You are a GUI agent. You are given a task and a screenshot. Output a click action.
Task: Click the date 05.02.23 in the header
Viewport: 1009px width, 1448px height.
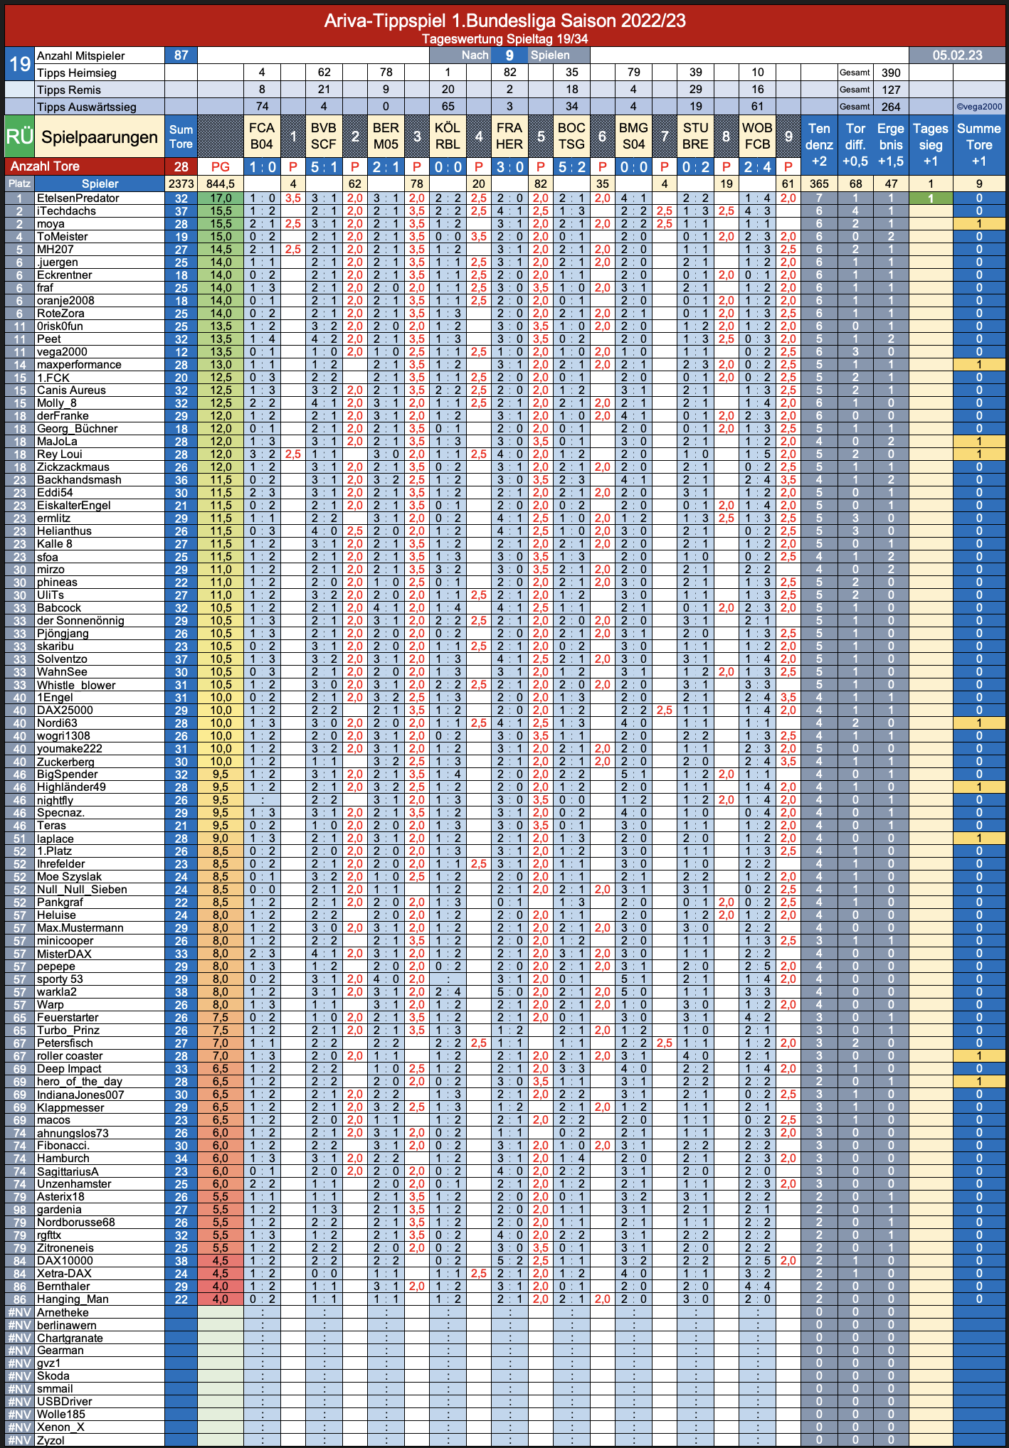957,55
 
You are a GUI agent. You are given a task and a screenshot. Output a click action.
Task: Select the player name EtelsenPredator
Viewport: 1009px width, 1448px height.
78,198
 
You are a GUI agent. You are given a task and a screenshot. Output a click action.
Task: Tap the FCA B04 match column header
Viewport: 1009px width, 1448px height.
262,136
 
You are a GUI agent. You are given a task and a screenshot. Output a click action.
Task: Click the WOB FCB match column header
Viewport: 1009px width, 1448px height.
757,136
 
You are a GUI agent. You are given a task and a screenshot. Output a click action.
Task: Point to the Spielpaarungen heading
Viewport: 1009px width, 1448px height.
100,137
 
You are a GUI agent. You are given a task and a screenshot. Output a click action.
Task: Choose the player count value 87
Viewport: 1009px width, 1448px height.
181,55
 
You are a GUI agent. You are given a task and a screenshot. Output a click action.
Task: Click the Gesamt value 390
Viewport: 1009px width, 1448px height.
891,73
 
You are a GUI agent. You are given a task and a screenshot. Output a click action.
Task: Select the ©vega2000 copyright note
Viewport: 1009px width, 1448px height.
979,107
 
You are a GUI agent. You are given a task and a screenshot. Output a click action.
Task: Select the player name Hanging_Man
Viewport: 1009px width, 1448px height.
73,1299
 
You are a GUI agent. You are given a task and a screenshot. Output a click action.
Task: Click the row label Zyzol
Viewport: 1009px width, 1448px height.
51,1440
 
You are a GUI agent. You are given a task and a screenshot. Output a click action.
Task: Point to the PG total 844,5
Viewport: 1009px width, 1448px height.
221,183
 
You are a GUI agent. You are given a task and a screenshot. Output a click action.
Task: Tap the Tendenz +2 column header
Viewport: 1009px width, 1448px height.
819,144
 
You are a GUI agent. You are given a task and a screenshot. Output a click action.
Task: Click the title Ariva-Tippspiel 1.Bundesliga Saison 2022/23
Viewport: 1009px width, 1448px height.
505,21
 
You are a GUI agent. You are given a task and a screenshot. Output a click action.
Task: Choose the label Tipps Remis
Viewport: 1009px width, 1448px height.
69,90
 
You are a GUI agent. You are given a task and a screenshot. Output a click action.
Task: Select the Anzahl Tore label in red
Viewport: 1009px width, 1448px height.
45,166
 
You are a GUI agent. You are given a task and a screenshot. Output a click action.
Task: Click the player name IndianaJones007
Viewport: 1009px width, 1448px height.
80,1095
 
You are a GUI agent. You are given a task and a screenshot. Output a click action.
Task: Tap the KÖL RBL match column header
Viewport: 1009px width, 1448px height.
448,136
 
